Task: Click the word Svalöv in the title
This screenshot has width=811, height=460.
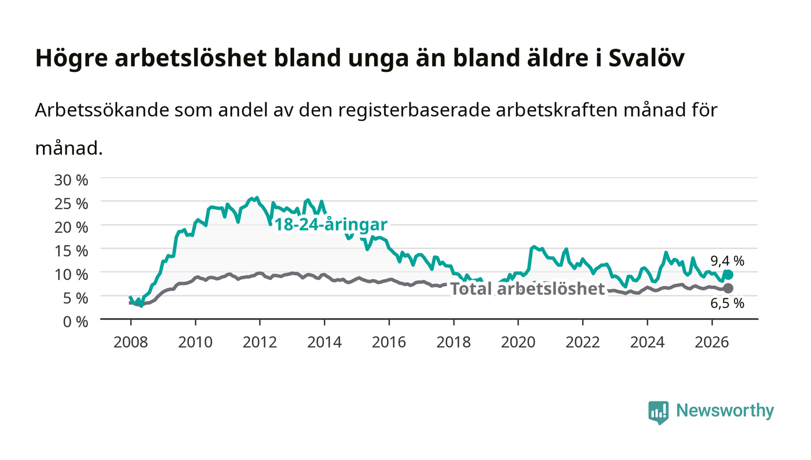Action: point(646,58)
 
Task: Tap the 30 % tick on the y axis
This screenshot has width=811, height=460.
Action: point(71,180)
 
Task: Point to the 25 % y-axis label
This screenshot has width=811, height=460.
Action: point(71,204)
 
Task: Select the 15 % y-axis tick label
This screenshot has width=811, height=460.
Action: point(71,251)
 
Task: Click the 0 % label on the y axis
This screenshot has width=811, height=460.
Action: point(75,322)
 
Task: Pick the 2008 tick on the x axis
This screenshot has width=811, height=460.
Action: point(131,342)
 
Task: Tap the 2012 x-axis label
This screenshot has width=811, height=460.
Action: point(260,342)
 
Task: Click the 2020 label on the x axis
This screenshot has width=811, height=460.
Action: point(518,342)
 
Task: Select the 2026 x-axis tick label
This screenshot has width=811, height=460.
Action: point(712,342)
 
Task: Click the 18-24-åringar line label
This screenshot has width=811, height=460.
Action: point(331,225)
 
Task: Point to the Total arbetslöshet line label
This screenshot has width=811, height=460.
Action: point(528,289)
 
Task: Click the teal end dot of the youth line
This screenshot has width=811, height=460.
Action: point(728,275)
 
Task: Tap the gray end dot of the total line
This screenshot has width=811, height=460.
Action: point(728,289)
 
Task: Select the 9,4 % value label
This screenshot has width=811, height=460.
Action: point(727,261)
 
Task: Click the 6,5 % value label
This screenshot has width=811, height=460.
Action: point(727,303)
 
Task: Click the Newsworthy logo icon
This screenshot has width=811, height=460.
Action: point(658,412)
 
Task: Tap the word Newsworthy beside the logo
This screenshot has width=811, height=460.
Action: point(725,411)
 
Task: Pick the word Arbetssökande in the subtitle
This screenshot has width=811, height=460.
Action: point(102,110)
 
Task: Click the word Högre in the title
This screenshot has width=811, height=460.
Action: point(72,59)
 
